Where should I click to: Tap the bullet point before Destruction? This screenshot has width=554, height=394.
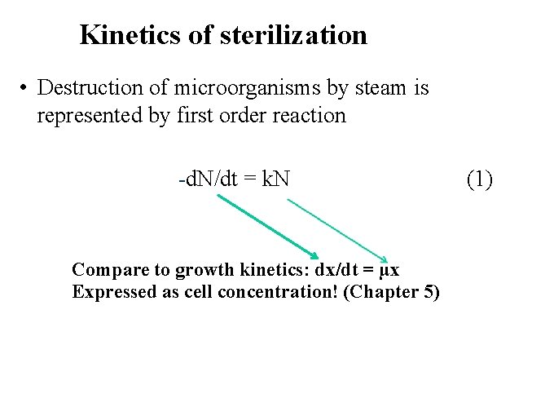(x=26, y=88)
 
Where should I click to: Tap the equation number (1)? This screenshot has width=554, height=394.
(x=479, y=177)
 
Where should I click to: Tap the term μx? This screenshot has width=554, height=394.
(x=390, y=270)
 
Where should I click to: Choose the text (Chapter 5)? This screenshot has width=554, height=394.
(x=392, y=292)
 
